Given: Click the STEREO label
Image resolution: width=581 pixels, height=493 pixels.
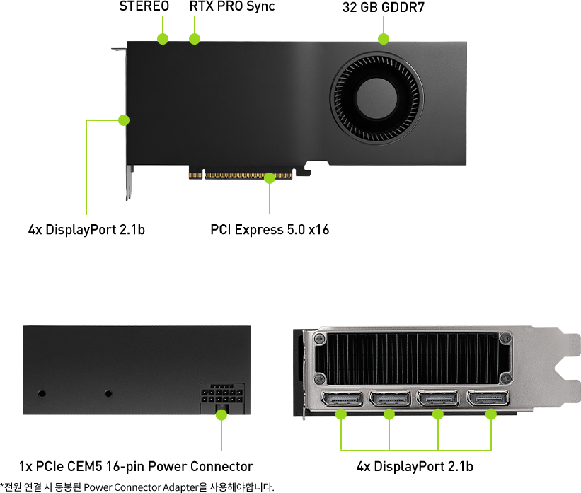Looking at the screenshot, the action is click(x=144, y=6).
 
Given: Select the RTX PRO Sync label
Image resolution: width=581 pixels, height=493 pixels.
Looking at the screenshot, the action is click(x=232, y=6).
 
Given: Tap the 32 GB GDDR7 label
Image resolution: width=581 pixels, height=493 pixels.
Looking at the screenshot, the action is click(x=383, y=7).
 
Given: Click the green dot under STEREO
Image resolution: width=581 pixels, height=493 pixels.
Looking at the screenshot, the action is click(x=163, y=38).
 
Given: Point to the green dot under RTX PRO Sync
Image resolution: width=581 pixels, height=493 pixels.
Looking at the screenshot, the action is click(x=195, y=38).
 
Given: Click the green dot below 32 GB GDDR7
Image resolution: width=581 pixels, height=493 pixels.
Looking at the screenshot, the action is click(x=384, y=38).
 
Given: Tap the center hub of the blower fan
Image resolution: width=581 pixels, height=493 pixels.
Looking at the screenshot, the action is click(x=376, y=98).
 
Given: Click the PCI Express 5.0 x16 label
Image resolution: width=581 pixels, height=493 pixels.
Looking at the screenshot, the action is click(x=270, y=230).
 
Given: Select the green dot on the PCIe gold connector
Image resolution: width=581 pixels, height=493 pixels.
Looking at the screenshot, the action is click(x=270, y=178).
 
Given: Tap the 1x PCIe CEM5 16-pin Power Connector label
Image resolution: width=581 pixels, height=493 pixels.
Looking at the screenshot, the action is click(x=136, y=467).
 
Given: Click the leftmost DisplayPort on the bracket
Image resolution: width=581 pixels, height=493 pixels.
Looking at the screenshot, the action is click(x=342, y=400).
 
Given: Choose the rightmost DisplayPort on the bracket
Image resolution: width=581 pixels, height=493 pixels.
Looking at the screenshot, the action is click(x=488, y=399).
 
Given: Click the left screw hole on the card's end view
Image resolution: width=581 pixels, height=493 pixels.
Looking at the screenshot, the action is click(x=42, y=393).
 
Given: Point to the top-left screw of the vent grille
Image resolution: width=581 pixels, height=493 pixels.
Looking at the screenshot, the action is click(x=319, y=339).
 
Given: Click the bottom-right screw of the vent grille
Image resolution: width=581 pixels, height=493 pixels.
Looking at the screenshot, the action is click(x=505, y=378).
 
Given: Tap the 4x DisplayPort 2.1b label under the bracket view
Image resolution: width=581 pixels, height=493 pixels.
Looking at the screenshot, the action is click(x=415, y=467).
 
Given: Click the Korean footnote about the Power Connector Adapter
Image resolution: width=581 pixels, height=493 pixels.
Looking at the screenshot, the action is click(x=137, y=487).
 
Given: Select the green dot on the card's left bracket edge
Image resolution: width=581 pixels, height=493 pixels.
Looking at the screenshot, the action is click(x=124, y=120).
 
